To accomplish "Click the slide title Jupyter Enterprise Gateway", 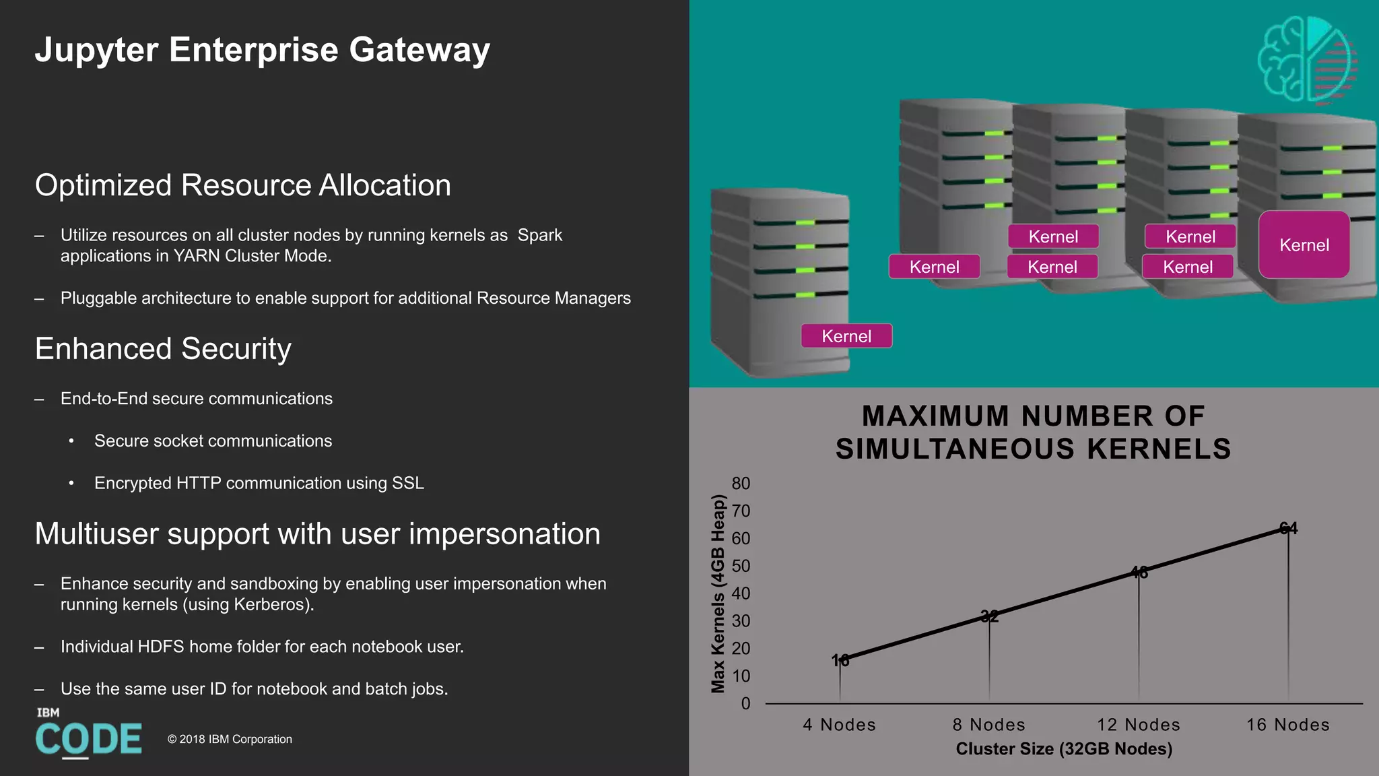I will coord(262,51).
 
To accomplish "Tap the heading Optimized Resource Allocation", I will coord(242,185).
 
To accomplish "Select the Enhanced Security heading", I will coord(163,349).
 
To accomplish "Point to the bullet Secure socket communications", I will coord(213,441).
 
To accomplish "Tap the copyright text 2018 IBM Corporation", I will coord(230,739).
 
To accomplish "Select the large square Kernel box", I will coord(1304,245).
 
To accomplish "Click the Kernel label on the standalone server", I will coord(846,336).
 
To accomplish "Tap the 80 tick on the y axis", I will coord(741,484).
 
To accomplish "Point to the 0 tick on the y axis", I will coord(745,703).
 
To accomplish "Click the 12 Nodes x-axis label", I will coord(1138,725).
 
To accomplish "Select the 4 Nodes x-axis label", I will coord(839,725).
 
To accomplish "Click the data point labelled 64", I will coord(1287,529).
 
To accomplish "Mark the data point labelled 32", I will coord(989,616).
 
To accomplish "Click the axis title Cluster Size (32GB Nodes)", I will coord(1064,749).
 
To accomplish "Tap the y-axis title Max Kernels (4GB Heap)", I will coord(718,593).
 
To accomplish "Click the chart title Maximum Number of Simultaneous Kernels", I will coord(1034,432).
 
